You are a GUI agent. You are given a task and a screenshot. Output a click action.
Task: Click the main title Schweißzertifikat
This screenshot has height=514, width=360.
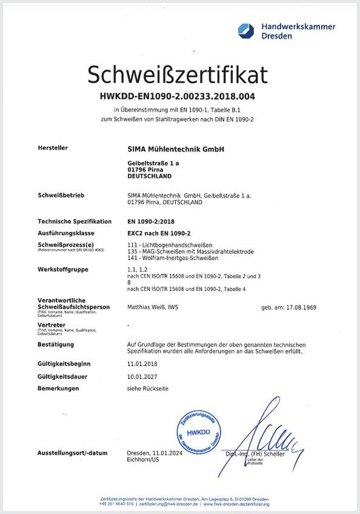[177, 75]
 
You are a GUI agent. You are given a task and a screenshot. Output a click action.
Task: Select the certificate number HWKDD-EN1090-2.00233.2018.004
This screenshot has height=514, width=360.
[178, 96]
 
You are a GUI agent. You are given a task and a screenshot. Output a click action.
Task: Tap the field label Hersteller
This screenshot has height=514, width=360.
[53, 147]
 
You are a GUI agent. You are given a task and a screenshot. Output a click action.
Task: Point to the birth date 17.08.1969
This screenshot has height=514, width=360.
[299, 307]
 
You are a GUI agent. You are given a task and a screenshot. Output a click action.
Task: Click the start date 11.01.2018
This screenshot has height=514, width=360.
[142, 364]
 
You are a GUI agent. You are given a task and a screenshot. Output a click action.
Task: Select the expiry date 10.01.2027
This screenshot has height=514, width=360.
[142, 376]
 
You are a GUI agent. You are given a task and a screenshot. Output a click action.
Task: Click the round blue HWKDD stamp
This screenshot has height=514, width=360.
[197, 432]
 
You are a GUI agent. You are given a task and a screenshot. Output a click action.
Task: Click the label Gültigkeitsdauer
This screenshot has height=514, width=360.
[62, 376]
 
